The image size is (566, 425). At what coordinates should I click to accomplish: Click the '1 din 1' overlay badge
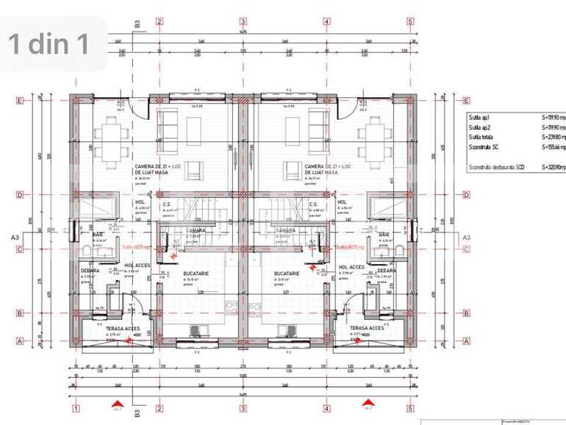point(50,44)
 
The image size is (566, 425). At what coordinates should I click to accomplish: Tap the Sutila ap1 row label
point(479,117)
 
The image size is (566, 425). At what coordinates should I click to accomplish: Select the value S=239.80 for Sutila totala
point(554,137)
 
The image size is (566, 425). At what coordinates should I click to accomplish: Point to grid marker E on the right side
point(466,101)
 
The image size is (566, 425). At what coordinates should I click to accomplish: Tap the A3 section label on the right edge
point(465,238)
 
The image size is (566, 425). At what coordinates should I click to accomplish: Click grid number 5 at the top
point(410,21)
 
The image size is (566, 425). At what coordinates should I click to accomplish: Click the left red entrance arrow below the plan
point(117,402)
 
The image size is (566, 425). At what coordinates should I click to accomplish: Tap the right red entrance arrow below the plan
point(368,402)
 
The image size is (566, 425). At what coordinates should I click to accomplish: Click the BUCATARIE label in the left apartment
point(195,273)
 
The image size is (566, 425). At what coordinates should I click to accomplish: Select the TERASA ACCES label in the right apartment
point(365,329)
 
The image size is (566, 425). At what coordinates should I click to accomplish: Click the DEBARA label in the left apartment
point(90,271)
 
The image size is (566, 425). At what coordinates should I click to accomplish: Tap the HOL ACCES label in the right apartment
point(351,267)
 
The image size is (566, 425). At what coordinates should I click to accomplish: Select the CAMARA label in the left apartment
point(195,230)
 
